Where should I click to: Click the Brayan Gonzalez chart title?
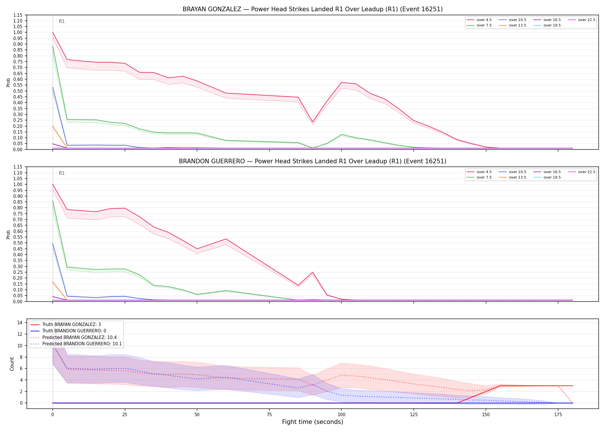tap(313, 9)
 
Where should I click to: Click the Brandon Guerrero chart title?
tap(313, 161)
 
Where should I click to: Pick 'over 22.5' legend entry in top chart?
tap(582, 20)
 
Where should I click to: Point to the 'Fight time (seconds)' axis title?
tap(313, 422)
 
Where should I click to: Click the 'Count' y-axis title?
tap(12, 364)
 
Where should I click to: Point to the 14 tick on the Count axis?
tap(20, 323)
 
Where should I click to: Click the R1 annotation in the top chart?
tap(62, 21)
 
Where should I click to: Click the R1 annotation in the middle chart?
tap(62, 173)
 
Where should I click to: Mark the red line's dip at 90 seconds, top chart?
tap(313, 122)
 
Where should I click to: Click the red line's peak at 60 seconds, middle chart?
tap(226, 239)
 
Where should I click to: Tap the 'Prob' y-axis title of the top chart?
tap(8, 83)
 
